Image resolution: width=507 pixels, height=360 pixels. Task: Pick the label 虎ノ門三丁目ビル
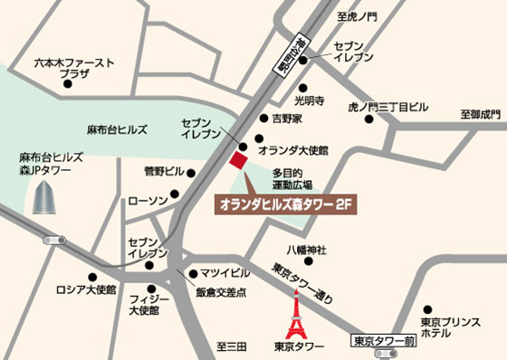tap(388, 108)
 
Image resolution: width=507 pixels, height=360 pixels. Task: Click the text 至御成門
tap(480, 114)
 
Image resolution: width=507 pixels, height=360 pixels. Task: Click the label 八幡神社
tap(306, 250)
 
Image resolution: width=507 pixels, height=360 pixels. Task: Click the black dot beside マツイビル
tap(192, 272)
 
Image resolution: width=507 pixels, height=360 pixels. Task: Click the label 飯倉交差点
tap(222, 292)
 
